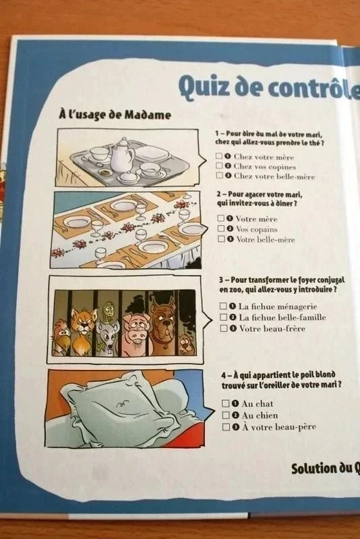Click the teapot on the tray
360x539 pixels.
tap(122, 156)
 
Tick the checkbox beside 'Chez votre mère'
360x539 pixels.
tap(218, 156)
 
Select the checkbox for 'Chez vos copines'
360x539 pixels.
tap(219, 165)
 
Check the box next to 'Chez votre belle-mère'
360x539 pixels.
tap(219, 175)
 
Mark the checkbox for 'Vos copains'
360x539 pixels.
tap(220, 228)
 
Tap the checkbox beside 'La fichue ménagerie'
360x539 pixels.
tap(223, 306)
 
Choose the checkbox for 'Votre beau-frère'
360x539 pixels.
tap(224, 328)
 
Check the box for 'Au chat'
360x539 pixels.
tap(226, 403)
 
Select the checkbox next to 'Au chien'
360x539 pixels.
tap(226, 415)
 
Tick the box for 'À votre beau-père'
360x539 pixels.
tap(227, 427)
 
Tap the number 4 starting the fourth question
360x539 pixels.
tap(224, 375)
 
